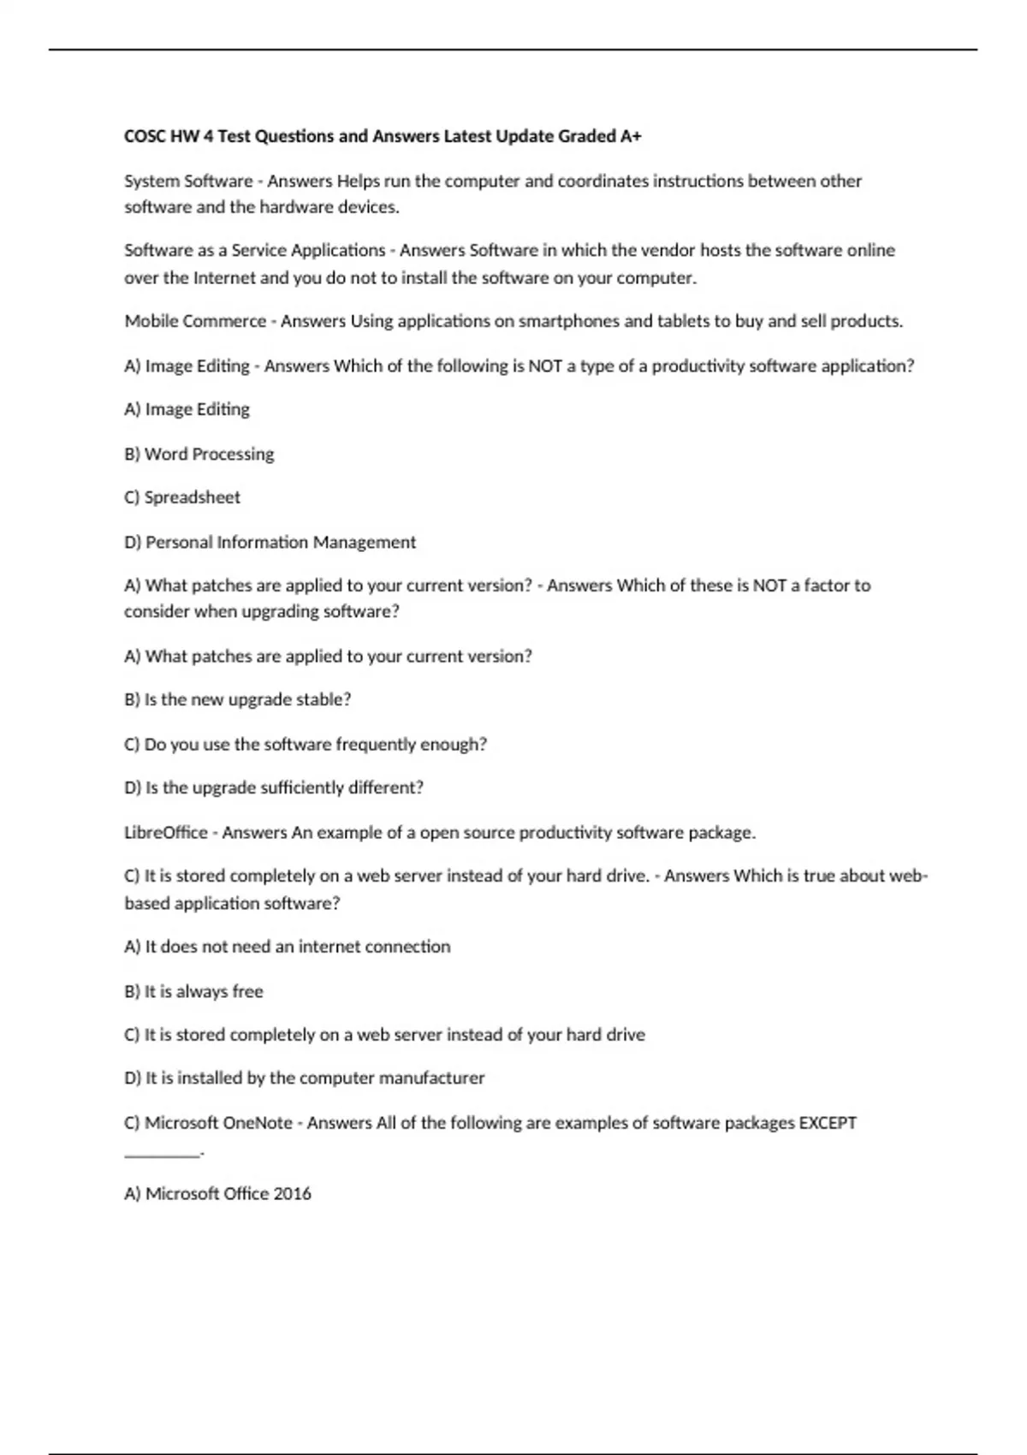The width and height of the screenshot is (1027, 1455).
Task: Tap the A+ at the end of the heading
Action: [x=632, y=136]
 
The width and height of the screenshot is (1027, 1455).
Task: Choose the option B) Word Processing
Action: [x=199, y=454]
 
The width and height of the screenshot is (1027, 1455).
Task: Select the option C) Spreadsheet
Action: [x=182, y=497]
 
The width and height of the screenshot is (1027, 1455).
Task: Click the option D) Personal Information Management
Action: [x=270, y=542]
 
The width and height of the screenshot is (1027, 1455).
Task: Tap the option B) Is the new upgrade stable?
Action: [x=238, y=699]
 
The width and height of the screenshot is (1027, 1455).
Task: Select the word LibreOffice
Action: [x=166, y=832]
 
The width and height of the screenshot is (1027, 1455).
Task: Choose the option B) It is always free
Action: [x=193, y=991]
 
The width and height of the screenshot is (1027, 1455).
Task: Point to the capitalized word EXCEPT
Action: [x=827, y=1122]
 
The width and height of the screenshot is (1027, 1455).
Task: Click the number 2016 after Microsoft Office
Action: [x=292, y=1193]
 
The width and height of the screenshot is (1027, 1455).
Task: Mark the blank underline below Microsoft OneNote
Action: [x=163, y=1155]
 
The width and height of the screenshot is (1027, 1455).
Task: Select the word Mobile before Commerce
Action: [x=151, y=322]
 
